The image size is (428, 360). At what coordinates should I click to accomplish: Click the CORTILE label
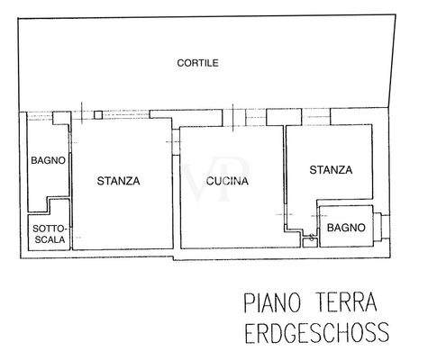click(197, 62)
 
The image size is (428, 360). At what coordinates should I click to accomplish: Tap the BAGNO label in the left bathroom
click(46, 161)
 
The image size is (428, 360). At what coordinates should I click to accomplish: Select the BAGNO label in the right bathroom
click(347, 228)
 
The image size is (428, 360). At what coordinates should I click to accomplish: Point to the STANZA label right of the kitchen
click(330, 169)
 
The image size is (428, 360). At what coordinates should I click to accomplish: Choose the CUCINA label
click(226, 181)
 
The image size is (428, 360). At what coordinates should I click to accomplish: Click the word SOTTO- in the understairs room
click(47, 229)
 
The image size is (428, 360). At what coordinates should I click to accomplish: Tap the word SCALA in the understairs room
click(47, 239)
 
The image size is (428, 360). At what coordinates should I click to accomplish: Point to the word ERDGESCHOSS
click(316, 333)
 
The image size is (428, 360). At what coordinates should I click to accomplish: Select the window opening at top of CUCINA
click(232, 115)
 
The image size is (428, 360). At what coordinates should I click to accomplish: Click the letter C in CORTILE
click(180, 62)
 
